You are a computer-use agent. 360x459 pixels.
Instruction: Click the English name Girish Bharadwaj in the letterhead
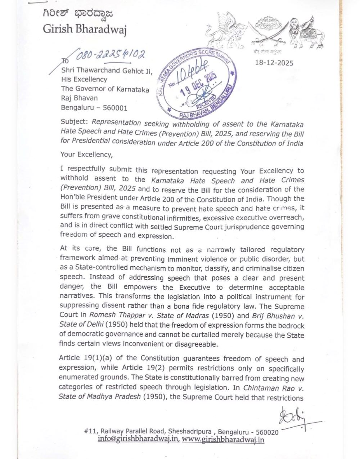click(x=85, y=29)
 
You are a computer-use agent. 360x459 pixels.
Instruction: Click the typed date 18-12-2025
click(x=274, y=63)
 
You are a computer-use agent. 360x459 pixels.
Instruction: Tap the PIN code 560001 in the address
click(x=115, y=107)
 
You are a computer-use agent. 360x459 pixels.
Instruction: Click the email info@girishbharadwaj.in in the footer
click(x=139, y=439)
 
